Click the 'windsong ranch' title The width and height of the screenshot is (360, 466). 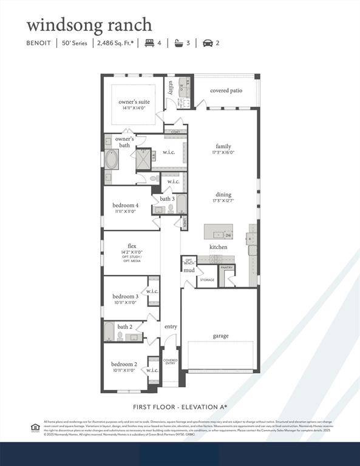[89, 25]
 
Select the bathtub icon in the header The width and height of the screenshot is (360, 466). [178, 43]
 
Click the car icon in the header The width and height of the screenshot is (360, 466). [208, 43]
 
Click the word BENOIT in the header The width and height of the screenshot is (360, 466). [39, 43]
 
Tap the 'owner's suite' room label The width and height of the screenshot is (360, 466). [134, 102]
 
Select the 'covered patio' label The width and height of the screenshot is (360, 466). [227, 90]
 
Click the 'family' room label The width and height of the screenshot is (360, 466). [223, 146]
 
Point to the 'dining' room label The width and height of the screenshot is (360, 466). [223, 195]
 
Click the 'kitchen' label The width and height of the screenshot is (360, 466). [219, 247]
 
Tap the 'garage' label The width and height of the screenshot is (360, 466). [220, 336]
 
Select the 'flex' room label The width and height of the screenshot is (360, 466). [132, 246]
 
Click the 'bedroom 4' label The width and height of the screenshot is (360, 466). [126, 206]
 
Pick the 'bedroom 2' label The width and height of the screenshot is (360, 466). [124, 364]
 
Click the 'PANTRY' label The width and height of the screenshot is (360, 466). [227, 267]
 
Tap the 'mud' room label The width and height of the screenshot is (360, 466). [189, 270]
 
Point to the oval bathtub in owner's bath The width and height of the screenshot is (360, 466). [112, 160]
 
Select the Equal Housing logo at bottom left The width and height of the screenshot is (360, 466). [35, 427]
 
